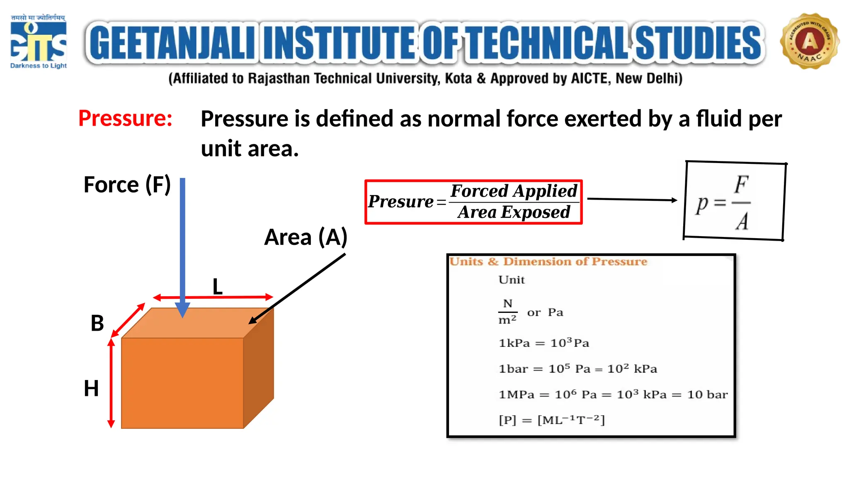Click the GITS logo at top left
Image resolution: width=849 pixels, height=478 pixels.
point(38,41)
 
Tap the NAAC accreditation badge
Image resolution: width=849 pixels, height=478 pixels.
point(809,41)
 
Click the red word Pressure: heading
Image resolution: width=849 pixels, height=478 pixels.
point(125,118)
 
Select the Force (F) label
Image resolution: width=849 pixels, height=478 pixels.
point(127,185)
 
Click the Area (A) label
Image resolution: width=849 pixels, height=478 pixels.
point(306,237)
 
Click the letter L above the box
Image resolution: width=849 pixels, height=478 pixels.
point(218,287)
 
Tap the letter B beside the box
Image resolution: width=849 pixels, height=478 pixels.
point(97,323)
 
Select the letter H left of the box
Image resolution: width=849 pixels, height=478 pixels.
point(91,389)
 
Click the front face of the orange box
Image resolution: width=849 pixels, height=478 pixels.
point(182,383)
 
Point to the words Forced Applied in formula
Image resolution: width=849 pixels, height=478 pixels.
point(514,191)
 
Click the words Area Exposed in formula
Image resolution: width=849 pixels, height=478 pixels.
point(514,212)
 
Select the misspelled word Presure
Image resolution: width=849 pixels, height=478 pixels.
point(400,202)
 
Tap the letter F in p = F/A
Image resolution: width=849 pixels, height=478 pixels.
point(741,185)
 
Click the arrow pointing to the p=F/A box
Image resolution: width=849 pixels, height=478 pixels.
point(632,200)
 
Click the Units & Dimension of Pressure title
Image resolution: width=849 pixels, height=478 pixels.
point(548,261)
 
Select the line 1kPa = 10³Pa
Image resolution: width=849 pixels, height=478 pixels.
point(543,343)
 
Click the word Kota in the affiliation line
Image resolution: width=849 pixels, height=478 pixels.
point(458,78)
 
